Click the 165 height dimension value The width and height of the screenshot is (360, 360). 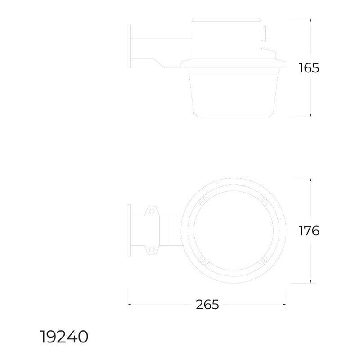click(x=309, y=68)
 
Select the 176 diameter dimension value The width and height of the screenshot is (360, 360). click(x=309, y=231)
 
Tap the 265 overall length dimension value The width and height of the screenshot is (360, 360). click(x=207, y=305)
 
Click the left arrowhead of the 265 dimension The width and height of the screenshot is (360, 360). click(x=130, y=305)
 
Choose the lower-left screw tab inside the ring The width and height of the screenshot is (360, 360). click(x=203, y=260)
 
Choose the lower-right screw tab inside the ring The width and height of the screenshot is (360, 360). click(x=263, y=260)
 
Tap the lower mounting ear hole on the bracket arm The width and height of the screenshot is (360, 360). click(x=152, y=249)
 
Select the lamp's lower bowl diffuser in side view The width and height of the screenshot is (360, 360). click(x=232, y=92)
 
